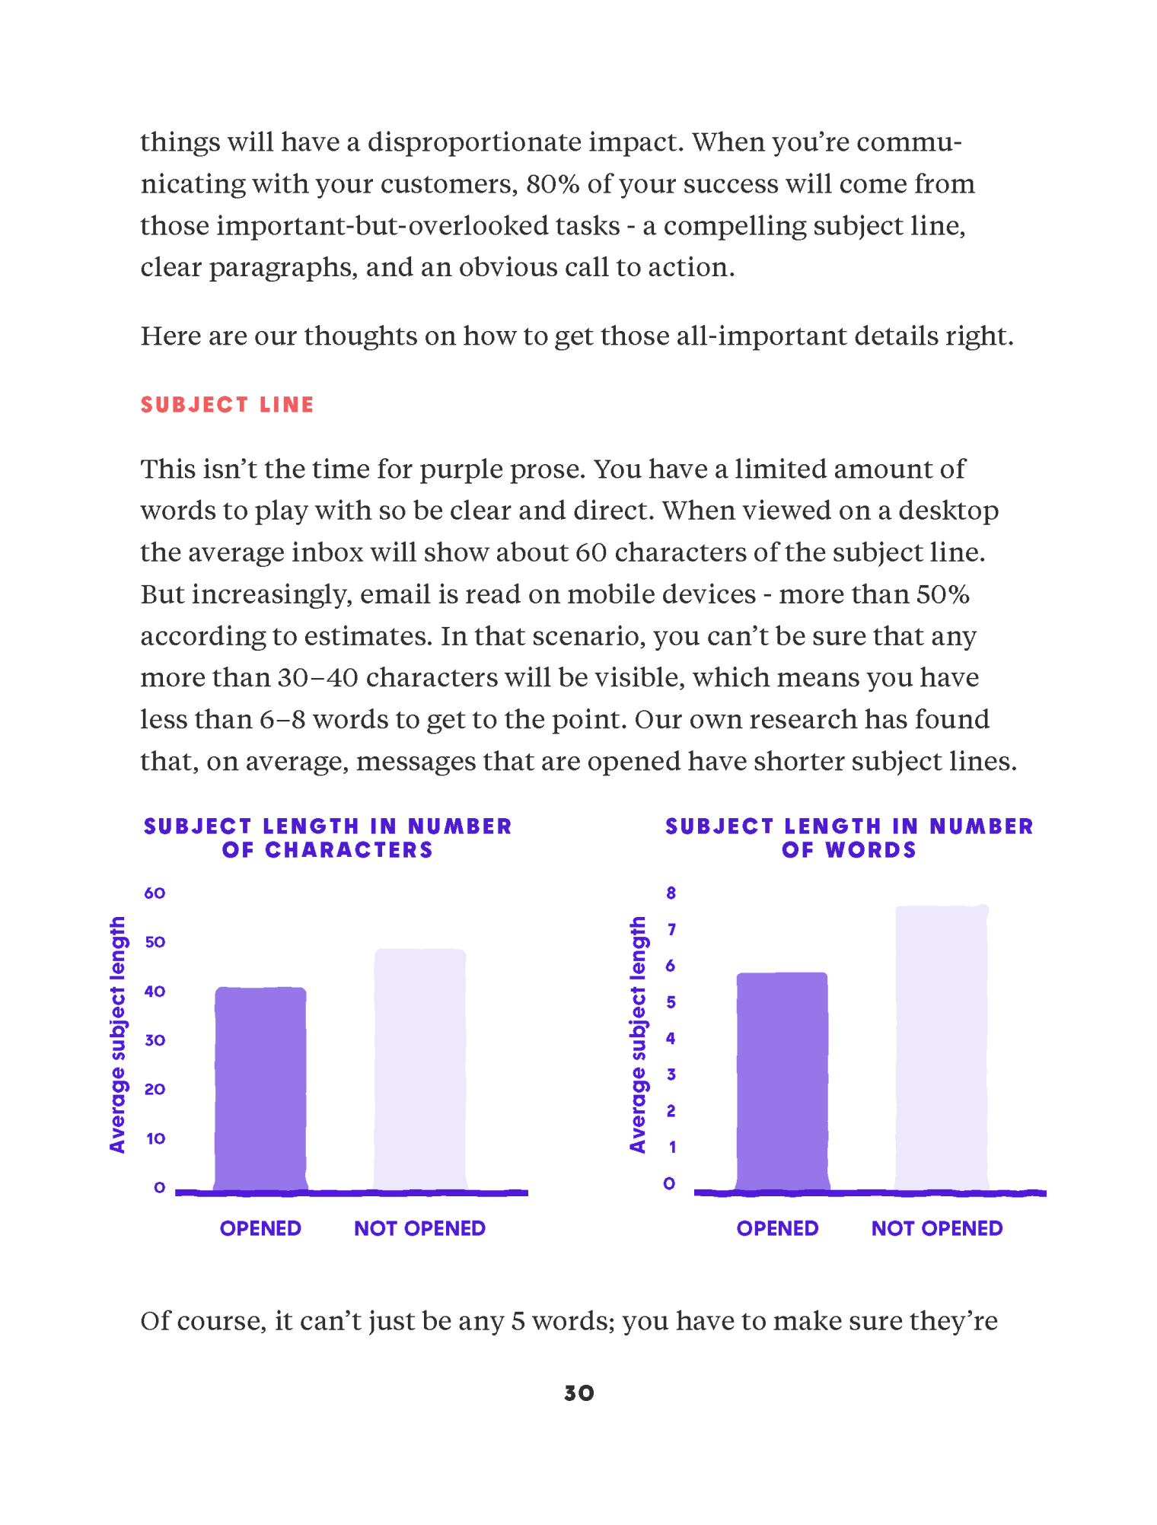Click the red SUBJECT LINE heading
point(227,405)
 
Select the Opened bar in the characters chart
point(260,1088)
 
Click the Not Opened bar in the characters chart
point(419,1069)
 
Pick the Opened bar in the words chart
point(782,1081)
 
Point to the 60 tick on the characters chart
point(155,893)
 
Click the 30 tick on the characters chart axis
point(155,1040)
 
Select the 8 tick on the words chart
point(671,893)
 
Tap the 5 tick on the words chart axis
point(671,1002)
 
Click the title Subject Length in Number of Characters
point(327,838)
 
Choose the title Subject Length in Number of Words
point(849,838)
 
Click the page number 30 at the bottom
point(578,1393)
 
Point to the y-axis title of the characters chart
point(117,1035)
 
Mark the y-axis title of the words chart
point(638,1035)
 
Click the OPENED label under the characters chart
point(260,1228)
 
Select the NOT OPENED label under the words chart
point(936,1228)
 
